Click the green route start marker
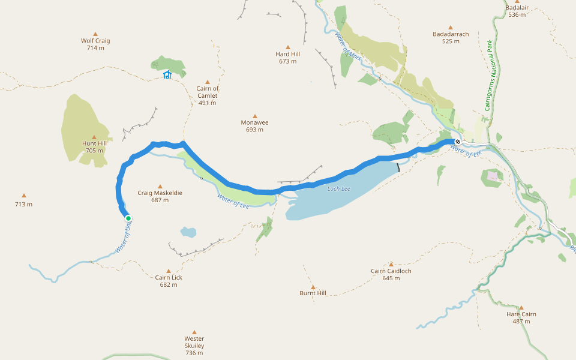pyautogui.click(x=128, y=218)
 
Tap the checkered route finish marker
pyautogui.click(x=457, y=142)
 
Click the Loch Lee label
pyautogui.click(x=338, y=189)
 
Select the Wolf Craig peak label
pyautogui.click(x=95, y=41)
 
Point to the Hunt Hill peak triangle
pyautogui.click(x=94, y=137)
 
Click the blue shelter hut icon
pyautogui.click(x=167, y=75)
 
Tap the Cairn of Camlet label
pyautogui.click(x=208, y=92)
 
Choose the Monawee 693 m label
pyautogui.click(x=254, y=126)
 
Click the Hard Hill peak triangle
pyautogui.click(x=287, y=47)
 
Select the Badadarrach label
pyautogui.click(x=451, y=34)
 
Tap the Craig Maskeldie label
pyautogui.click(x=160, y=193)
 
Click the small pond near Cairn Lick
pyautogui.click(x=188, y=232)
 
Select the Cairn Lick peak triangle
pyautogui.click(x=168, y=271)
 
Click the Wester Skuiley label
pyautogui.click(x=194, y=346)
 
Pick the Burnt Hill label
pyautogui.click(x=313, y=293)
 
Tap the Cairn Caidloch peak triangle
pyautogui.click(x=391, y=264)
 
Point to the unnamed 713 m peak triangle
pyautogui.click(x=24, y=195)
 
